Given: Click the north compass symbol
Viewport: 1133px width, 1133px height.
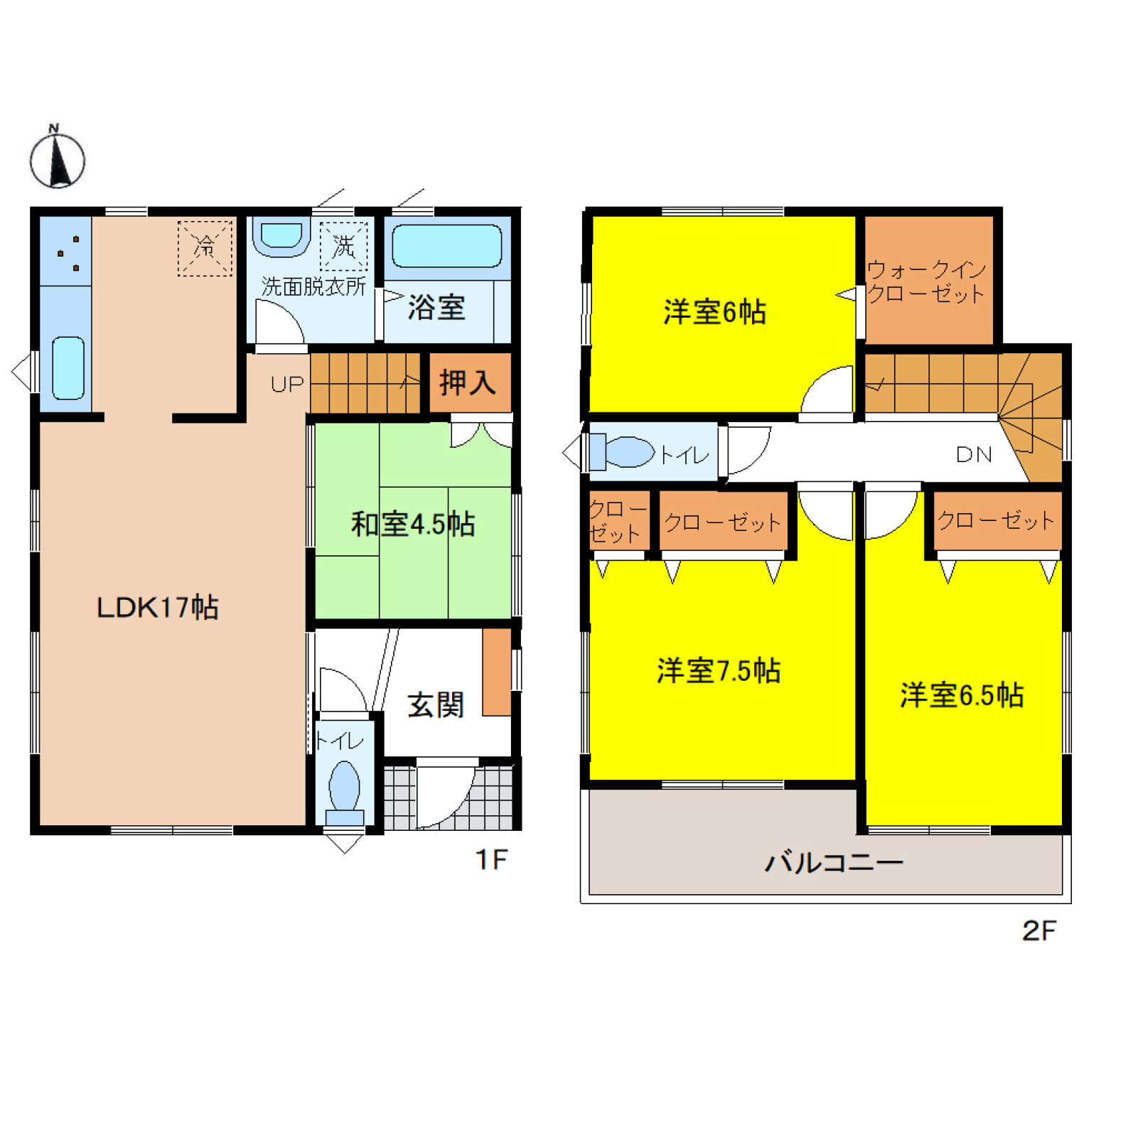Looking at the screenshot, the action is coord(57,157).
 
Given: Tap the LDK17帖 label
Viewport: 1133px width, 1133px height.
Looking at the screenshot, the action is coord(157,608).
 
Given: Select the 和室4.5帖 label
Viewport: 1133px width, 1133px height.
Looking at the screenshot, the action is coord(413,525).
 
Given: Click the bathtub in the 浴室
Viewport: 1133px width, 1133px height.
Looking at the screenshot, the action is coord(447,246).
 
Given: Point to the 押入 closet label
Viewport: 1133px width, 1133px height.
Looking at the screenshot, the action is coord(467,382).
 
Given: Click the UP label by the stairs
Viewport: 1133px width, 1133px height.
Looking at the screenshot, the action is coord(287,385).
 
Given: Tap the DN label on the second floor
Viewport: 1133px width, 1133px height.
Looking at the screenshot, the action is coord(974,455).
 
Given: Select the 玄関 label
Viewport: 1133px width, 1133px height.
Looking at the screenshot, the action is coord(436,705).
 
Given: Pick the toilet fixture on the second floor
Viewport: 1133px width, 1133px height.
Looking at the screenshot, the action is coord(622,452).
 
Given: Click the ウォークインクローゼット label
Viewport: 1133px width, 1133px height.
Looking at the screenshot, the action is coord(926,281).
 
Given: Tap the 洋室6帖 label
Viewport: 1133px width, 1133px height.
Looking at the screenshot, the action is coord(714,312).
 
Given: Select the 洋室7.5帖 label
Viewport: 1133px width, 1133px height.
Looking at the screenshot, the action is coord(719,671).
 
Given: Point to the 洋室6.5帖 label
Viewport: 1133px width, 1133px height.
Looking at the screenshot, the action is coord(962,695).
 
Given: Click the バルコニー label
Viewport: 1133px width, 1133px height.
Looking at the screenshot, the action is coord(834,863).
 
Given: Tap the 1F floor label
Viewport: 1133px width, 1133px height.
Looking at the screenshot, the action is coord(491,860).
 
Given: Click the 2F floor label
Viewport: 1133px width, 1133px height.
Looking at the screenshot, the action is coord(1039,930).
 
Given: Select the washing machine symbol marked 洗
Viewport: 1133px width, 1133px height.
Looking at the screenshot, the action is coord(344,247).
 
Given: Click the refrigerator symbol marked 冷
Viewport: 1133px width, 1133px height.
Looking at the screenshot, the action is coord(205,248).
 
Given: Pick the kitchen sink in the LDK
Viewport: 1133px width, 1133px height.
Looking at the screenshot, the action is coord(68,368).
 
